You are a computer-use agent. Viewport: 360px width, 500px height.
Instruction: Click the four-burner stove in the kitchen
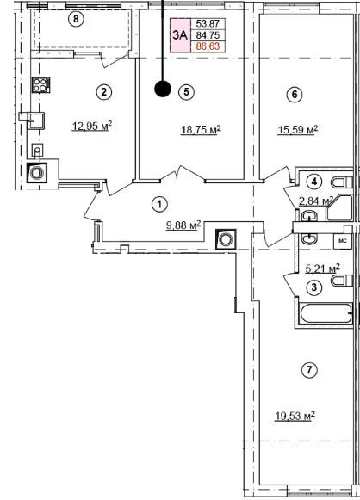click(40, 85)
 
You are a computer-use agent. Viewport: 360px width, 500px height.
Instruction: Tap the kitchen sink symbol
click(35, 120)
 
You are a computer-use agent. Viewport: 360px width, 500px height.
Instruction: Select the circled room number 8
click(76, 19)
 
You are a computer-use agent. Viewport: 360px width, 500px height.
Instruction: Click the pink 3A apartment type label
click(180, 35)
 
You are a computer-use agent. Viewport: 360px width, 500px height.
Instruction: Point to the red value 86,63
click(208, 46)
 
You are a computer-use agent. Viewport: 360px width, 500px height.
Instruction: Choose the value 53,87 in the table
click(208, 23)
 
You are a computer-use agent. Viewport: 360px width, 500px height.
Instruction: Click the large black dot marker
click(163, 89)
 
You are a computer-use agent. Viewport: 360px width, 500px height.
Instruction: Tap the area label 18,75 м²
click(201, 130)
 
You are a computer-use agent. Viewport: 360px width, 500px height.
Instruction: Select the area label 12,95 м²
click(92, 126)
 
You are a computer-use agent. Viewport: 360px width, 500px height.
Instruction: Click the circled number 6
click(295, 95)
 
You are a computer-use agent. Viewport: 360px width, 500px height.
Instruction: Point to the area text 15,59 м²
click(298, 130)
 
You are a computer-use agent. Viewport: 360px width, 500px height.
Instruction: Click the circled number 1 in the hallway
click(159, 204)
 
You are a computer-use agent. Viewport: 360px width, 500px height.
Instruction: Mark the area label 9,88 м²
click(183, 225)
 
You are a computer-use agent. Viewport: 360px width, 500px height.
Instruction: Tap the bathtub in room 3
click(326, 314)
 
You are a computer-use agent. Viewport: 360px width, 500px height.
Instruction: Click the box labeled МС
click(343, 241)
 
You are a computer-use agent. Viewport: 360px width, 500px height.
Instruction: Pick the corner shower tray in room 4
click(339, 208)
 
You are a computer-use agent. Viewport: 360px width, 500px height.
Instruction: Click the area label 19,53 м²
click(295, 417)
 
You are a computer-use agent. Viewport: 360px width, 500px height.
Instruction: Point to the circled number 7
click(309, 370)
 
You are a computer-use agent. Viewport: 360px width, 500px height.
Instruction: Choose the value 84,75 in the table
click(208, 35)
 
